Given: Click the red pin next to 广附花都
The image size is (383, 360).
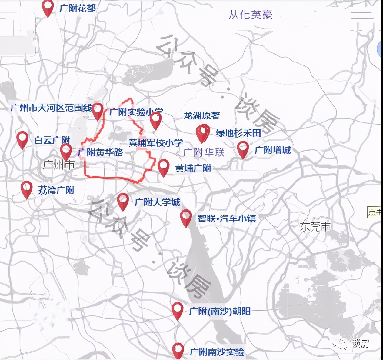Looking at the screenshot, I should tap(48, 8).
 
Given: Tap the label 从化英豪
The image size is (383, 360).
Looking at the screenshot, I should tap(250, 15).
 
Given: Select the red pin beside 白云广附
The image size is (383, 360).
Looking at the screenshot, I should tap(22, 139).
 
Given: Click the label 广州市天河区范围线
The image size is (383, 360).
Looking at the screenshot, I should tap(51, 108).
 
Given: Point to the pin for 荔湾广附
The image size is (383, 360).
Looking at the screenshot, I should tap(27, 189).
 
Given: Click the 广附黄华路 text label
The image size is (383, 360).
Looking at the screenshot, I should tap(100, 152).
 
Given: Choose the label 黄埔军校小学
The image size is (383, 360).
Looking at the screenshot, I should tap(156, 143).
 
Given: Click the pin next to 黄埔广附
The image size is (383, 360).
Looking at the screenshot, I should tap(164, 167).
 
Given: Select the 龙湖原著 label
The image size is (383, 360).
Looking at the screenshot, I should tap(201, 115).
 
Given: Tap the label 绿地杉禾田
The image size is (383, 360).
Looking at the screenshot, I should tap(238, 133).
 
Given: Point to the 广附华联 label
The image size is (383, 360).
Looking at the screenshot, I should tap(204, 152).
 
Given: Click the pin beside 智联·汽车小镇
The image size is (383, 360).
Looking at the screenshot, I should tap(186, 217).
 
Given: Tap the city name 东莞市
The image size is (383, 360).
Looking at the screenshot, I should tap(315, 227).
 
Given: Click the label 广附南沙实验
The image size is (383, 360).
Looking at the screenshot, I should tap(217, 352).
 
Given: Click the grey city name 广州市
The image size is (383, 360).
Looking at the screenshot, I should tap(59, 165).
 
